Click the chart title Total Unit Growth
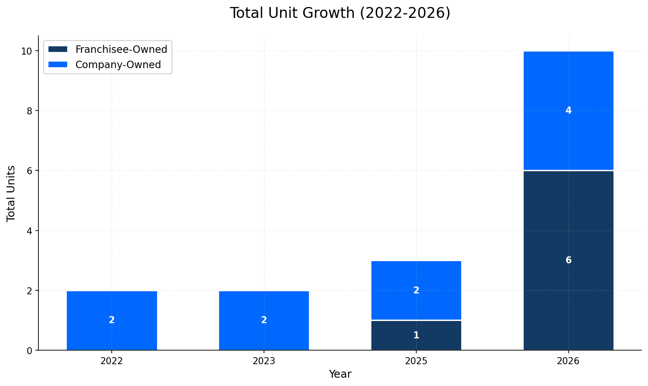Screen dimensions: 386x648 340,13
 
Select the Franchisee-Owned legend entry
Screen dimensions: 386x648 121,49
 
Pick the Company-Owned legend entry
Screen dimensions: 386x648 118,65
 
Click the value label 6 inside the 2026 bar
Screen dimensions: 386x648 568,260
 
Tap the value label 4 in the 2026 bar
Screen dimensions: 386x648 568,110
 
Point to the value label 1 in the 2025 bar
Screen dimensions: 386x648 416,335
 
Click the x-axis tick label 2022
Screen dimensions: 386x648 112,361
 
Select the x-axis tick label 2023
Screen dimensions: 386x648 264,361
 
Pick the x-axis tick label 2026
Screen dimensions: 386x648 568,361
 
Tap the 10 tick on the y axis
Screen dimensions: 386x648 27,51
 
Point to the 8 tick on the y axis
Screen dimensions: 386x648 30,111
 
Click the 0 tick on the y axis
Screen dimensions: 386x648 30,350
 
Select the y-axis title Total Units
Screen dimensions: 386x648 11,193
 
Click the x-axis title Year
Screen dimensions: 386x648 340,374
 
